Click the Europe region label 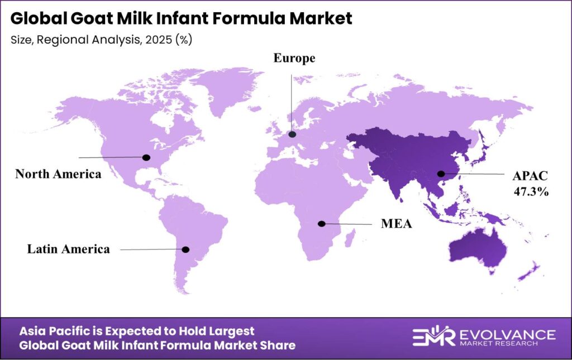[294, 58]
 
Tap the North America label [58, 174]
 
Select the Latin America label [69, 249]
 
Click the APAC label [530, 176]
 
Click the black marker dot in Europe [292, 134]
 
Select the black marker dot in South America [186, 249]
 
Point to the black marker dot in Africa [321, 224]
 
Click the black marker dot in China [441, 174]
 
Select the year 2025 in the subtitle [151, 40]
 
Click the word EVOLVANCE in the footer [507, 334]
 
